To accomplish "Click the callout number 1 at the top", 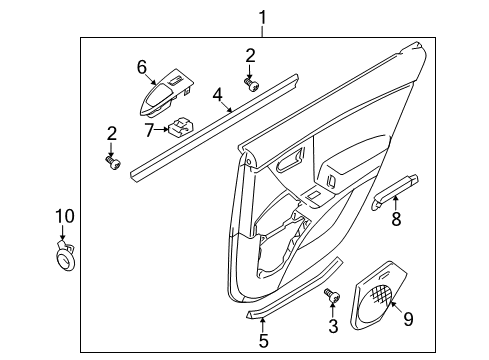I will [263, 17].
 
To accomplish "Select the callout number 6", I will [142, 66].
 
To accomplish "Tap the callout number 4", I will [217, 95].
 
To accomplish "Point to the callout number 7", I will [148, 129].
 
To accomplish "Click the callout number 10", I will [64, 215].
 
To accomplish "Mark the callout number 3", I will [333, 327].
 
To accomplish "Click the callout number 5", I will [264, 341].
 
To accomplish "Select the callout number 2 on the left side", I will [112, 132].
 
